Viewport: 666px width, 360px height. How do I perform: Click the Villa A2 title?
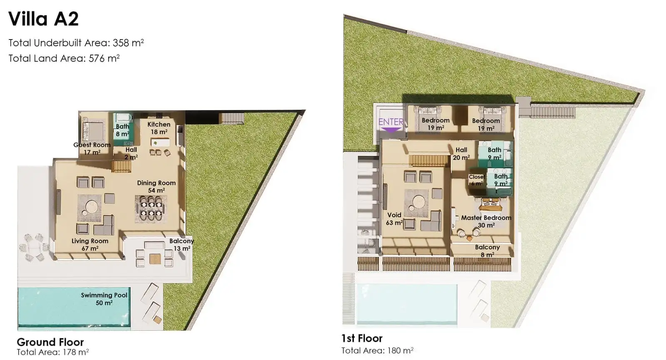(43, 19)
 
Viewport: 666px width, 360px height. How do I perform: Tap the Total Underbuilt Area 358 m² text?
(76, 43)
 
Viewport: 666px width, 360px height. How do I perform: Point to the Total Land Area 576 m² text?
(64, 58)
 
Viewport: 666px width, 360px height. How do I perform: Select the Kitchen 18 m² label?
(159, 128)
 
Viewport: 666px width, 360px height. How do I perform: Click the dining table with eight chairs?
(151, 209)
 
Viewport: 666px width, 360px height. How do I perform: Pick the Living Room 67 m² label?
(90, 245)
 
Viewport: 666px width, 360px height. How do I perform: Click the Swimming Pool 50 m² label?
(104, 299)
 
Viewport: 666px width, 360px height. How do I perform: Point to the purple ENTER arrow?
(391, 130)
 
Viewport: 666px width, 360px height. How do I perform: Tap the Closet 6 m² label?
(477, 180)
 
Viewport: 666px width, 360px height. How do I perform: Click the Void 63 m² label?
(394, 219)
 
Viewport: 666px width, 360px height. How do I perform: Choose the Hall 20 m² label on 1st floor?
(461, 154)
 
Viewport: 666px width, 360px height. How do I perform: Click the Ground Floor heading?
(50, 342)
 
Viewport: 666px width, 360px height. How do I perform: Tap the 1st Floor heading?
(362, 338)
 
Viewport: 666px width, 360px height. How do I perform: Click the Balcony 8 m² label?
(487, 251)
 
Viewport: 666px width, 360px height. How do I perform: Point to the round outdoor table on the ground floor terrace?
(34, 247)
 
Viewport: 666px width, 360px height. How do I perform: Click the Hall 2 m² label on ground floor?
(131, 154)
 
